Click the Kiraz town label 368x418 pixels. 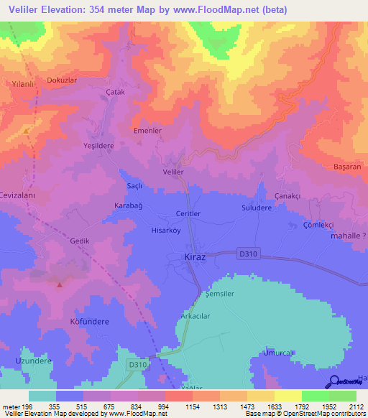tap(190, 257)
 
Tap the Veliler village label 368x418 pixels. tap(174, 173)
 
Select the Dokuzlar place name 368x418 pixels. tap(61, 81)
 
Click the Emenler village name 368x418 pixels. tap(147, 131)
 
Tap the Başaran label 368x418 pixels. tap(346, 167)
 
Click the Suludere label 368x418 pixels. tap(256, 208)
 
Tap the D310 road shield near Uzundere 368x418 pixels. tap(134, 365)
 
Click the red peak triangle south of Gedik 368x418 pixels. tap(60, 284)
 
